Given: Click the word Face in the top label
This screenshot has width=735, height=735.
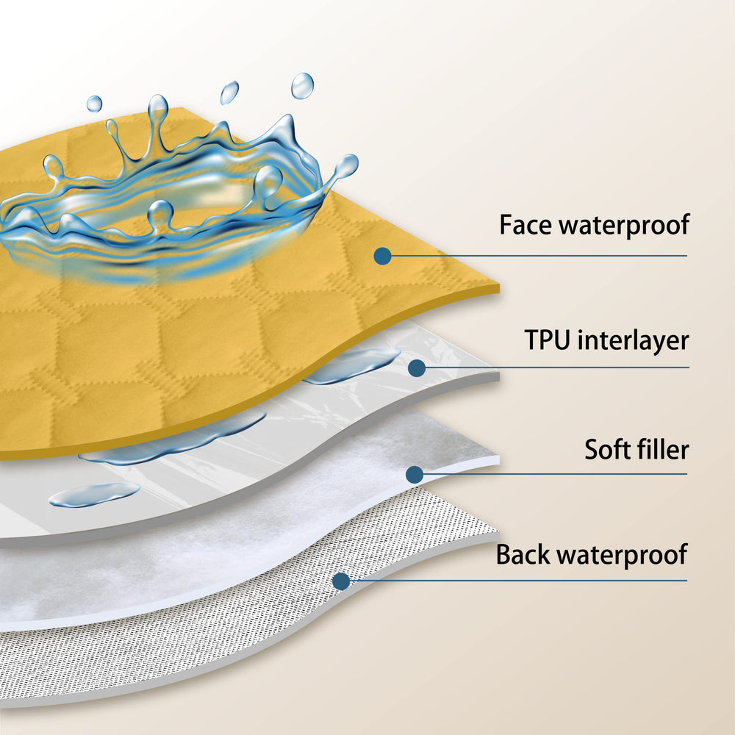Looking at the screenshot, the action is [526, 224].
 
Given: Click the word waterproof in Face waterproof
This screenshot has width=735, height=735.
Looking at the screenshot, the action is [625, 226].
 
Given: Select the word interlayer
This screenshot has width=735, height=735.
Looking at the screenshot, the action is [634, 341].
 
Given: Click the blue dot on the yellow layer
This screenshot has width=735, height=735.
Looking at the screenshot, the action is [382, 256].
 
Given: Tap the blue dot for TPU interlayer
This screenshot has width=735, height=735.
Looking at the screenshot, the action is [417, 368].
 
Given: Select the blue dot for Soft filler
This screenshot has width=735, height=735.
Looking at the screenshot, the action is [415, 474].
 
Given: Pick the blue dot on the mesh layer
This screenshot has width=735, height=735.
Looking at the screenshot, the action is [341, 581].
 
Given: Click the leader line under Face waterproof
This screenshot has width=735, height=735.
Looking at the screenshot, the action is [539, 256].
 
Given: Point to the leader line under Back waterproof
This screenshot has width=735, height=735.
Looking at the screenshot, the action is [518, 581].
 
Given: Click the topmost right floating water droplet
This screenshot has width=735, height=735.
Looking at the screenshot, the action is [302, 86].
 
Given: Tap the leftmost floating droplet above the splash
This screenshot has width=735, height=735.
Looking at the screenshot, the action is [94, 104].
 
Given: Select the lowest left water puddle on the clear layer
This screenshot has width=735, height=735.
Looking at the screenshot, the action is [94, 495].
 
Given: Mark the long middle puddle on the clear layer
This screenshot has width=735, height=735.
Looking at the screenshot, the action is [173, 438].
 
